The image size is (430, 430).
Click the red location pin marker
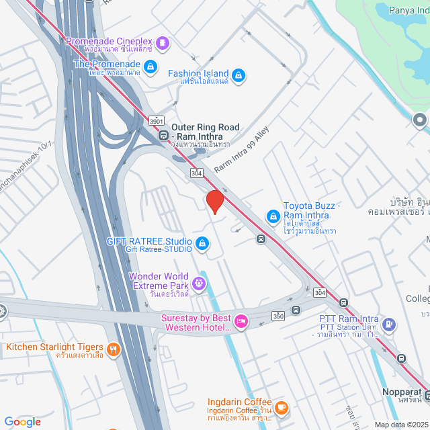click(x=214, y=201)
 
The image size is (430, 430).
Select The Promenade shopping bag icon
click(x=150, y=67)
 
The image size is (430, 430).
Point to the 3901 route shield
click(x=157, y=121)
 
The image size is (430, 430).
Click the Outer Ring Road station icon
click(x=163, y=135)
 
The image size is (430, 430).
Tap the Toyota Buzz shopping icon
click(x=273, y=216)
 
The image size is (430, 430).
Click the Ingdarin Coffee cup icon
click(x=282, y=406)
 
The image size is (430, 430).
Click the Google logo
click(x=22, y=422)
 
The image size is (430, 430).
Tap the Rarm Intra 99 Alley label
click(x=241, y=148)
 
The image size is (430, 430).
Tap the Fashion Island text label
click(x=198, y=73)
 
